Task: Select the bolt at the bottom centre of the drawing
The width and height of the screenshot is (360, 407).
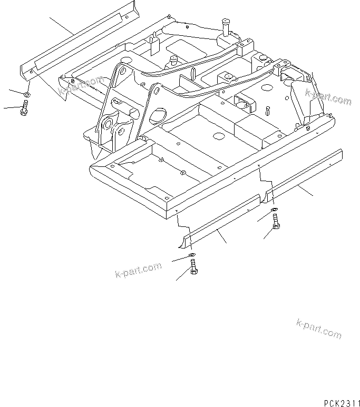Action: pyautogui.click(x=193, y=273)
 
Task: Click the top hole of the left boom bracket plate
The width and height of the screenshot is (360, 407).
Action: pyautogui.click(x=122, y=71)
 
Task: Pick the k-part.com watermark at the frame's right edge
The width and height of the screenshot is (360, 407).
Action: pyautogui.click(x=328, y=97)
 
